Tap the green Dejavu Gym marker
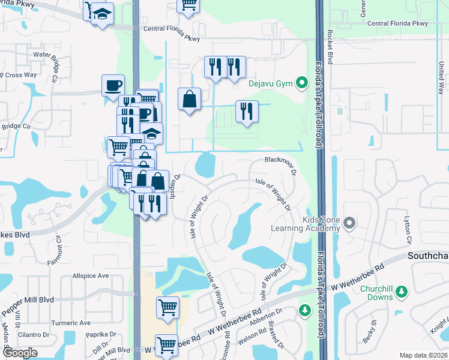click(x=303, y=82)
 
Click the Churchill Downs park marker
click(x=402, y=292)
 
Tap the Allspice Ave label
click(x=90, y=276)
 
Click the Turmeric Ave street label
click(x=70, y=323)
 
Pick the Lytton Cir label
click(x=408, y=229)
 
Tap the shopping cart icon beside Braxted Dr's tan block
click(x=167, y=307)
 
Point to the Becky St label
click(x=369, y=334)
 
